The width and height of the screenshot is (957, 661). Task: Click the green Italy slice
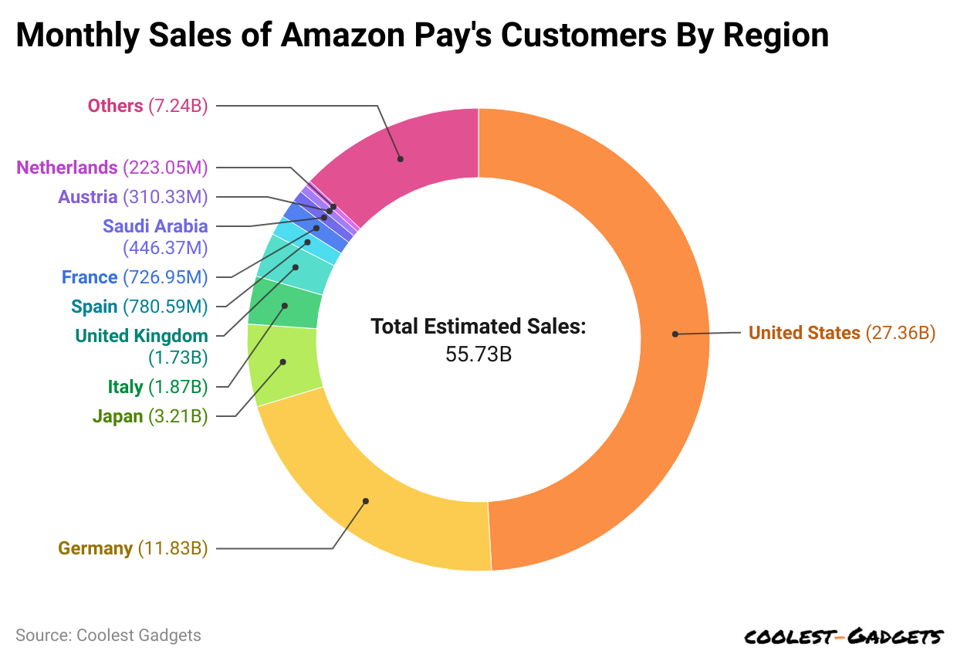(x=284, y=305)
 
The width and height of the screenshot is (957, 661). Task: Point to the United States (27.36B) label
(x=842, y=333)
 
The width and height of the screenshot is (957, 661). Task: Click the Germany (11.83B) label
(x=133, y=548)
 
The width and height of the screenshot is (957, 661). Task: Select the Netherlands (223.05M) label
(x=112, y=167)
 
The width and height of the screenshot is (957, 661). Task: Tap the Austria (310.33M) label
(x=133, y=197)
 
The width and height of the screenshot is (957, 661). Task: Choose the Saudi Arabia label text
(x=155, y=226)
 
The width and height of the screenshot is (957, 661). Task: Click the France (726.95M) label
(x=134, y=276)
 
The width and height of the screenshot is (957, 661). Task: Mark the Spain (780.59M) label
(x=139, y=307)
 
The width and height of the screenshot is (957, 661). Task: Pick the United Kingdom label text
(x=141, y=336)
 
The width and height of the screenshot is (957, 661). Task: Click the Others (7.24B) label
(x=147, y=106)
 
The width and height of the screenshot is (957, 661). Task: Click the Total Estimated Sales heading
(x=478, y=326)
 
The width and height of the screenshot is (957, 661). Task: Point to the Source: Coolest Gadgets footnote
(x=108, y=636)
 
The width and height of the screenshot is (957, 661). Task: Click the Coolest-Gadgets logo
(x=843, y=636)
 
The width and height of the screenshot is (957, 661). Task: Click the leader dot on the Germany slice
(x=366, y=501)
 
